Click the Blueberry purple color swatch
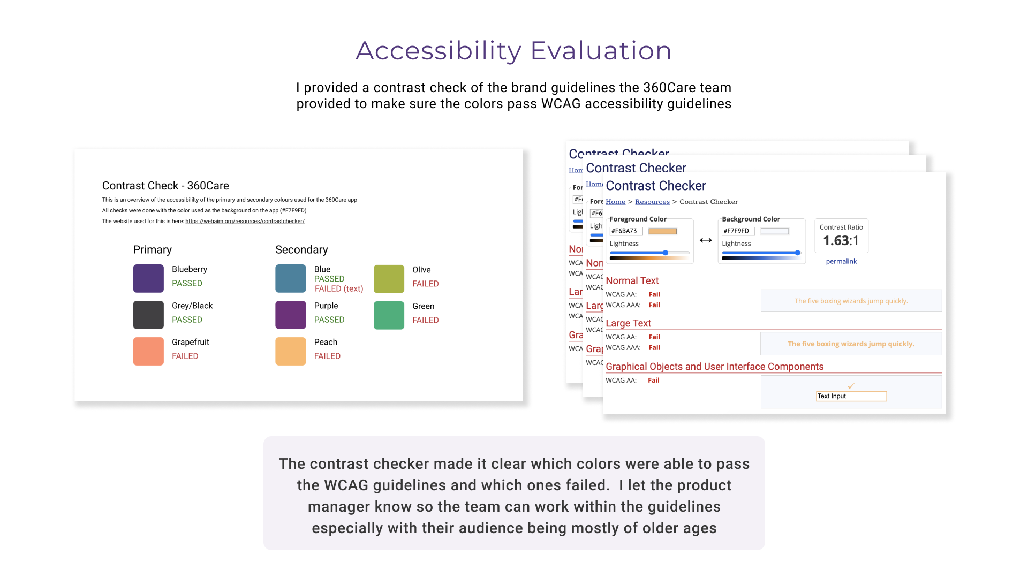[148, 278]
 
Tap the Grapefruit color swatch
[148, 351]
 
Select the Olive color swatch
[389, 279]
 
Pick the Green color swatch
[389, 315]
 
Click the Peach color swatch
[290, 351]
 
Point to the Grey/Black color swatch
[148, 315]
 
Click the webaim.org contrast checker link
[245, 221]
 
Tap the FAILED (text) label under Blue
[338, 289]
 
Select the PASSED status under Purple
[329, 320]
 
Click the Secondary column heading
[301, 250]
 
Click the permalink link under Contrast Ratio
[841, 261]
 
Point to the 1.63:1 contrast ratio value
[841, 241]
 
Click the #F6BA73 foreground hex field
[625, 231]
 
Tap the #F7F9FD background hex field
[737, 231]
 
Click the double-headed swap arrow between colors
[706, 240]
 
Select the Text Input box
[851, 396]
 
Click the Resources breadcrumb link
[652, 202]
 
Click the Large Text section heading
[628, 323]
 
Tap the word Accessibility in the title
[439, 51]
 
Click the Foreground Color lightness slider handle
[666, 253]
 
